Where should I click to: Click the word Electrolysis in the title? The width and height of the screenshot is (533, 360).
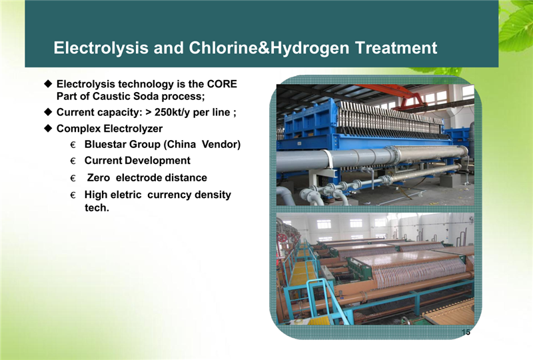coord(101,48)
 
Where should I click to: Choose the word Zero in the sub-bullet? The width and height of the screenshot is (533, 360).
coord(98,177)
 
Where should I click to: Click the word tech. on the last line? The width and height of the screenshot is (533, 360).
coord(97,207)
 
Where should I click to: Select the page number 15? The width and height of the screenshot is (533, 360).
coord(466,332)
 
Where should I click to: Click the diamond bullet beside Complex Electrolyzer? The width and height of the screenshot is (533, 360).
coord(48,128)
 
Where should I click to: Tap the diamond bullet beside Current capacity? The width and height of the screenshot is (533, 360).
coord(48,112)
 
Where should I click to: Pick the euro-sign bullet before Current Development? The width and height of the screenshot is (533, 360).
coord(73,161)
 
